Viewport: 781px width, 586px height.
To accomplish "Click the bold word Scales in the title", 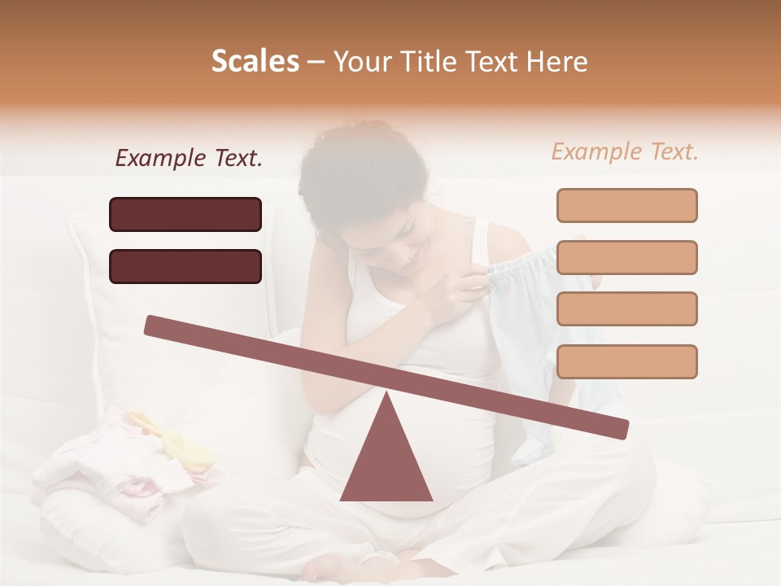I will click(255, 62).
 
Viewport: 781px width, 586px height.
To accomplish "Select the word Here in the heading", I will click(555, 62).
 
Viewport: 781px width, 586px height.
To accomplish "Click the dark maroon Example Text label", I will click(189, 159).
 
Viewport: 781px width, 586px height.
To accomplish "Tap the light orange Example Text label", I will click(625, 151).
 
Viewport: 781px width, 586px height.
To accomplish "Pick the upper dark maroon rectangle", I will click(185, 214).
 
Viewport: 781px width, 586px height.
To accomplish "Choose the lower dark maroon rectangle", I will click(185, 266).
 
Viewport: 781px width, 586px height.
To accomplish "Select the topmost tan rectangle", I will click(626, 205).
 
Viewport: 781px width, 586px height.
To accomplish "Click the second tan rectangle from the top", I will click(626, 257).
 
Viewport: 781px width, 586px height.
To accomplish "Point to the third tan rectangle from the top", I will click(626, 309).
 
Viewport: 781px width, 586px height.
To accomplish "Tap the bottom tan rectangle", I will click(626, 361).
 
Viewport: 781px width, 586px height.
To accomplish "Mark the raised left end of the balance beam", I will click(155, 326).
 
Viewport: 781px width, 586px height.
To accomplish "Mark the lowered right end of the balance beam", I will click(618, 429).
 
